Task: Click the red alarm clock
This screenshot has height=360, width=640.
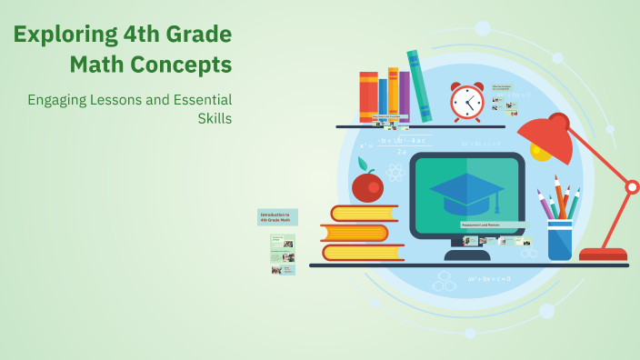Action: pyautogui.click(x=467, y=102)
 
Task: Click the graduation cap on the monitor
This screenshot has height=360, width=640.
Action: pyautogui.click(x=466, y=192)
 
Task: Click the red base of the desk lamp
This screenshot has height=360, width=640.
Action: pyautogui.click(x=603, y=255)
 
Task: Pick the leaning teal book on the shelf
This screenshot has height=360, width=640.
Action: pyautogui.click(x=419, y=85)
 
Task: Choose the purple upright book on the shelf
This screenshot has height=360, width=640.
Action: pyautogui.click(x=405, y=96)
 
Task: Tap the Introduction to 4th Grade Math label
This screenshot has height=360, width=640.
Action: pyautogui.click(x=277, y=216)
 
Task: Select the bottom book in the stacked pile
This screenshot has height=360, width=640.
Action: pyautogui.click(x=363, y=252)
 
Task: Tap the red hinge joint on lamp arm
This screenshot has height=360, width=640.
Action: pyautogui.click(x=633, y=187)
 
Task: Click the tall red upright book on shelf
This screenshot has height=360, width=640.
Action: pyautogui.click(x=368, y=96)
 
